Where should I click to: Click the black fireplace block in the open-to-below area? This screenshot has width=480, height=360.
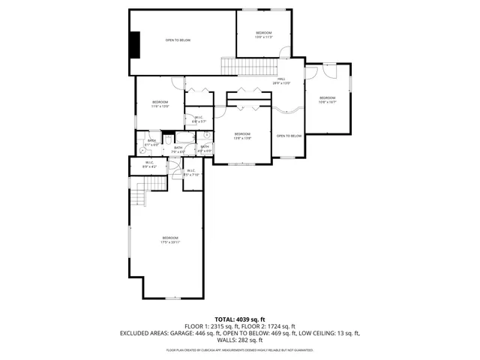(x=135, y=44)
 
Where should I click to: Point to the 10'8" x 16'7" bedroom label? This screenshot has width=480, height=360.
(x=328, y=100)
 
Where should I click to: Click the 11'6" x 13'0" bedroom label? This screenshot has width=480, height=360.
(x=160, y=104)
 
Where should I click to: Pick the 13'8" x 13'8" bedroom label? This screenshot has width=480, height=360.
(x=242, y=136)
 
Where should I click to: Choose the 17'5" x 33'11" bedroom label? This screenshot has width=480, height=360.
(x=169, y=240)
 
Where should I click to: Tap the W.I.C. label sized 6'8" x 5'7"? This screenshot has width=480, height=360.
(x=199, y=118)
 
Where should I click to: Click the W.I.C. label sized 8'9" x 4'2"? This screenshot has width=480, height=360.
(x=148, y=164)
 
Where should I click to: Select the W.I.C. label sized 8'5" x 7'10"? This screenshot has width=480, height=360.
(x=190, y=172)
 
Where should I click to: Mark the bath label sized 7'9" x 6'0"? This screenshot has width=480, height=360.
(x=179, y=149)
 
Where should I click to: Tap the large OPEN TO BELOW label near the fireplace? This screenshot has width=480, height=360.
(x=178, y=39)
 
